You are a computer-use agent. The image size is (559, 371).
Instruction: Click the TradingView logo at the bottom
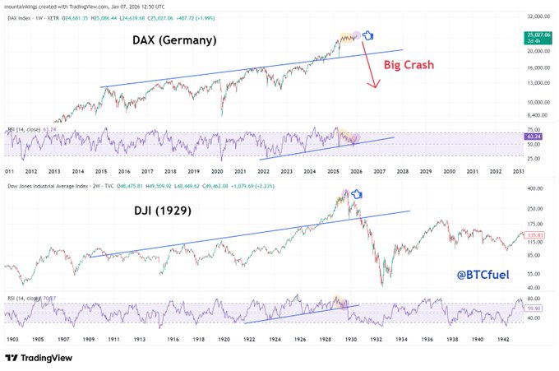tap(39, 358)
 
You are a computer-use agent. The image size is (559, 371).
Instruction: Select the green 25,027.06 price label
tap(539, 35)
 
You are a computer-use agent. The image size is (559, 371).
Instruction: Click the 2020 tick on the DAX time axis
tap(216, 171)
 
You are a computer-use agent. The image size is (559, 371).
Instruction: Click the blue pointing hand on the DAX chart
tap(368, 35)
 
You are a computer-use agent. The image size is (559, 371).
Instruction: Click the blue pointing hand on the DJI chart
tap(357, 195)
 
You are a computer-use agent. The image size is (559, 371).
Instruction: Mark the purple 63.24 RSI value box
tap(539, 136)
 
